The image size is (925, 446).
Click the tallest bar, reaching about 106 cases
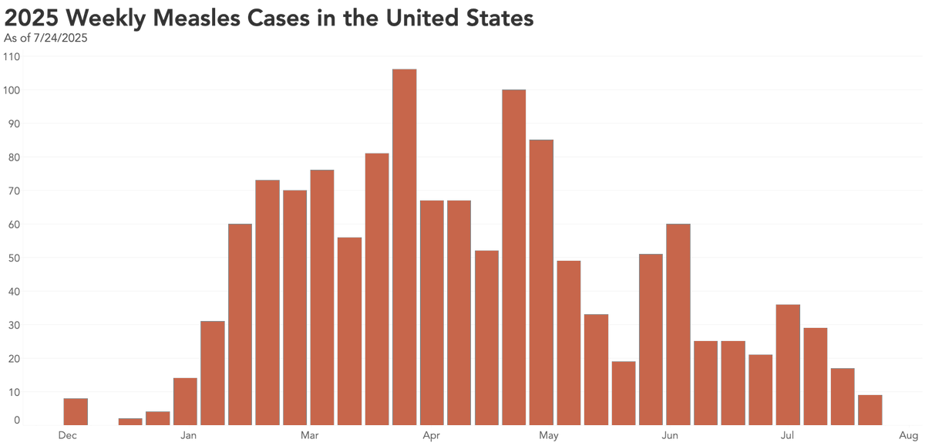(x=404, y=247)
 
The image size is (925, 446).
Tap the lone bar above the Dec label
(x=76, y=411)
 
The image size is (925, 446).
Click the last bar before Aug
(x=869, y=410)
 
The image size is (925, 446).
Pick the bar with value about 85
(x=541, y=282)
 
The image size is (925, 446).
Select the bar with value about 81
(x=377, y=289)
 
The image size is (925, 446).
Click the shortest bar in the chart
(x=130, y=421)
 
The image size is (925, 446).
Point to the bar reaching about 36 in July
(x=788, y=364)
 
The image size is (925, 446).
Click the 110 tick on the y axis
(x=13, y=56)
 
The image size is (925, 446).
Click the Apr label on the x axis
(x=431, y=436)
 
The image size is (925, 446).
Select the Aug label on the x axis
(x=907, y=436)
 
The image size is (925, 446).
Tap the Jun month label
(x=670, y=436)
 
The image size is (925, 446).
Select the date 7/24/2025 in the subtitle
(x=61, y=38)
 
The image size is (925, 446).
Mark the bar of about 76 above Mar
(x=322, y=297)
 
